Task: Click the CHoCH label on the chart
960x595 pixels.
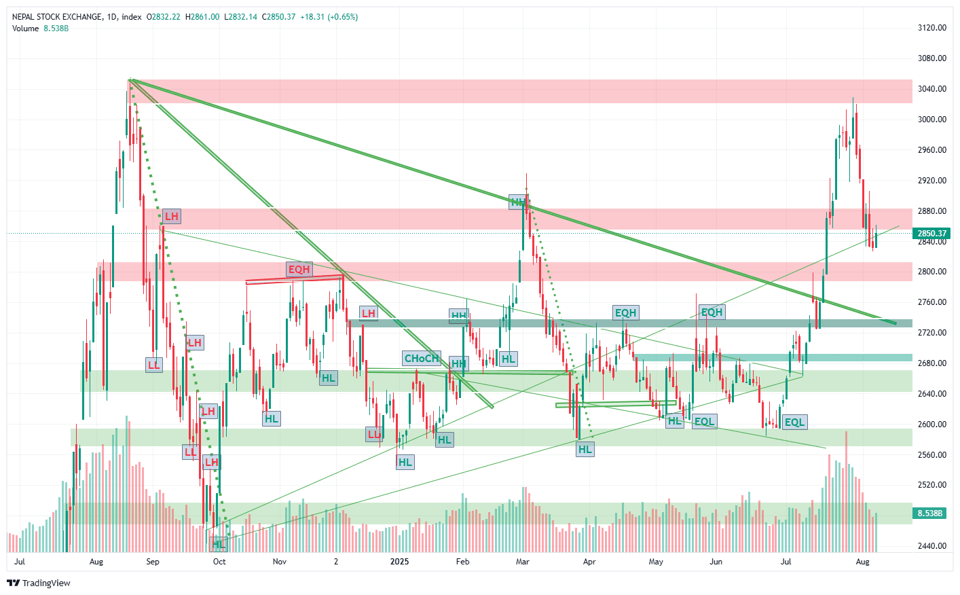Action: [x=422, y=359]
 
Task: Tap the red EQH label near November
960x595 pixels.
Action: [x=299, y=270]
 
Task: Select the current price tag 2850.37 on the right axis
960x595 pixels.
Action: [x=932, y=234]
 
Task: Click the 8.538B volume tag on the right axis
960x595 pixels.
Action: [x=931, y=513]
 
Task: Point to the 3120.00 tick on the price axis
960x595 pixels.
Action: [x=931, y=28]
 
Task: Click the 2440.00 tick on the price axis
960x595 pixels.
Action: [x=931, y=546]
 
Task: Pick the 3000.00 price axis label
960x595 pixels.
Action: [x=931, y=120]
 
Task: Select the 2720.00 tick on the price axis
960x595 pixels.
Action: [x=931, y=333]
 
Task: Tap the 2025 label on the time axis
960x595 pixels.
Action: [x=399, y=562]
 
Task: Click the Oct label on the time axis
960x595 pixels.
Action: [x=219, y=562]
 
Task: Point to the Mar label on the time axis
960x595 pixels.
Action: [x=522, y=562]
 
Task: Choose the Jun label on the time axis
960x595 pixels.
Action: [x=716, y=562]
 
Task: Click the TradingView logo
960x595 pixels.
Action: [x=39, y=583]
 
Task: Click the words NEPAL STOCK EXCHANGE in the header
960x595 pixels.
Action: [x=57, y=17]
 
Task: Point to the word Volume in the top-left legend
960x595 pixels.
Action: [x=26, y=29]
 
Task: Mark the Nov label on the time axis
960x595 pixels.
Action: [x=279, y=562]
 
